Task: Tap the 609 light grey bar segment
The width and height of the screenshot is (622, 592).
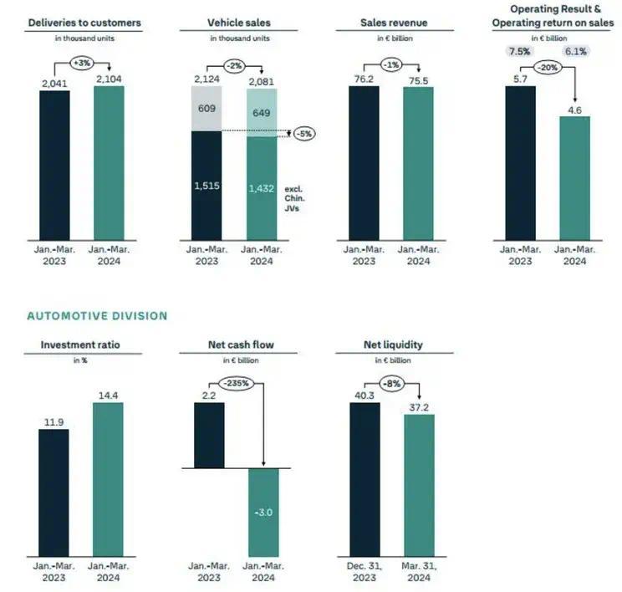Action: pos(206,108)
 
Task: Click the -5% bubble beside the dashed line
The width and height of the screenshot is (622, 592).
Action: pos(303,133)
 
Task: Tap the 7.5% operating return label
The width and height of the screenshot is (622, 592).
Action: pos(520,51)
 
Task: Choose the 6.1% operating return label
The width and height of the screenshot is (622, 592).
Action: pos(575,51)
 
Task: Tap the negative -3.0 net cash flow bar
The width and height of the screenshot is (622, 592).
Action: pos(263,510)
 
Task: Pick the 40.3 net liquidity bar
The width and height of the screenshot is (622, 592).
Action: pos(364,477)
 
